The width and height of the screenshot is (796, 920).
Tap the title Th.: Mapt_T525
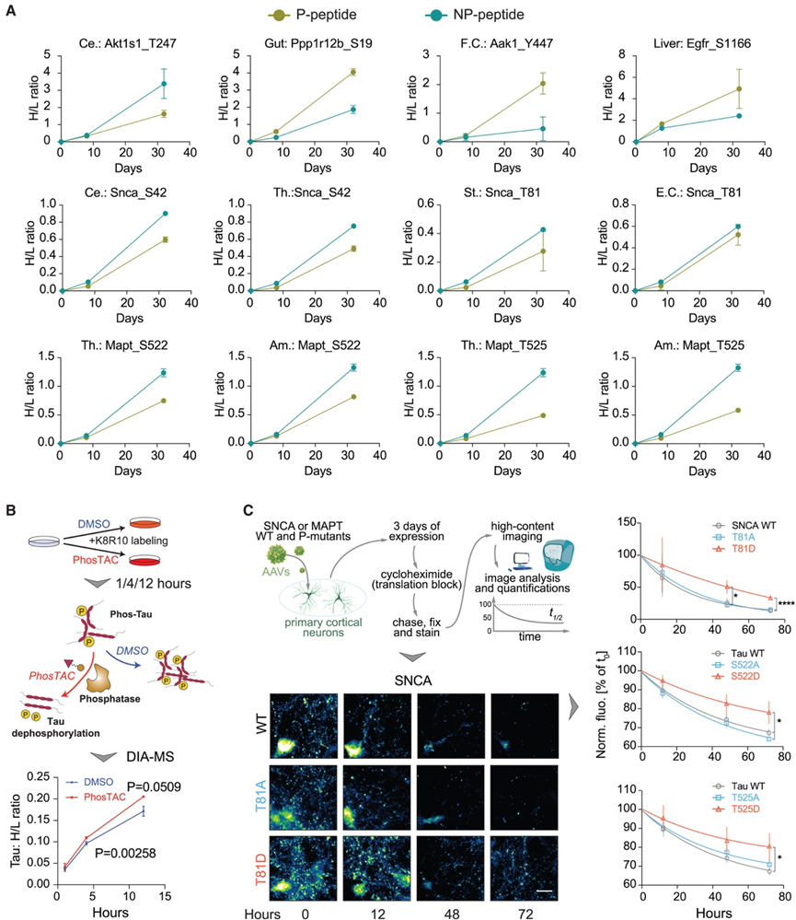[497, 348]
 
